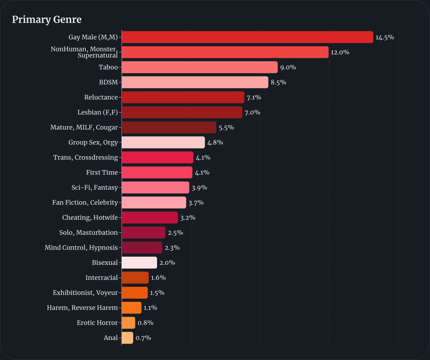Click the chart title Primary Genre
[47, 20]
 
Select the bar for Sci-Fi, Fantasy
[155, 188]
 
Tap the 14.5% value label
[385, 37]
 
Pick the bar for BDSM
[195, 82]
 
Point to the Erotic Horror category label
[97, 323]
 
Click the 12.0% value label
[340, 52]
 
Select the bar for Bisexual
[139, 263]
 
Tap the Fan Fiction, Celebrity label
[85, 203]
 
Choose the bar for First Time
[157, 172]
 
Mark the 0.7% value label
[143, 338]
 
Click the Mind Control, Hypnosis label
[81, 248]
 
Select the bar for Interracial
[135, 278]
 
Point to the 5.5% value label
[226, 128]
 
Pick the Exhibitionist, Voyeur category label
[85, 293]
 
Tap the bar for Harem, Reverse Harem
[131, 308]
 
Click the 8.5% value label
[278, 82]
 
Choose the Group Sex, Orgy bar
[163, 143]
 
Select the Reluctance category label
[101, 98]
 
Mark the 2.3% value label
[172, 248]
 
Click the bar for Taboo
[199, 67]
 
